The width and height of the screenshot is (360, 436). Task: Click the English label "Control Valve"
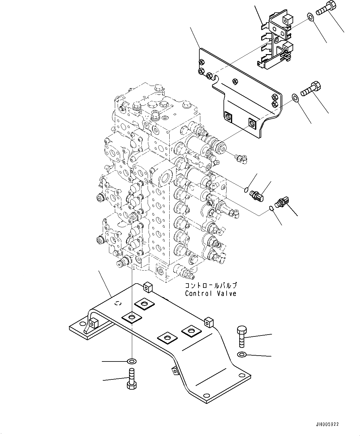pos(210,293)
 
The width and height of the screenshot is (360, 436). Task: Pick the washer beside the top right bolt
pos(310,17)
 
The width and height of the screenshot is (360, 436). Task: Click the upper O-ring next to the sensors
pos(246,190)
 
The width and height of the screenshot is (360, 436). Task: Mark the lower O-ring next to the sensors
pos(271,208)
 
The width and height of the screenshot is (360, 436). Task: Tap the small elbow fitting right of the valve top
pos(241,158)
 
